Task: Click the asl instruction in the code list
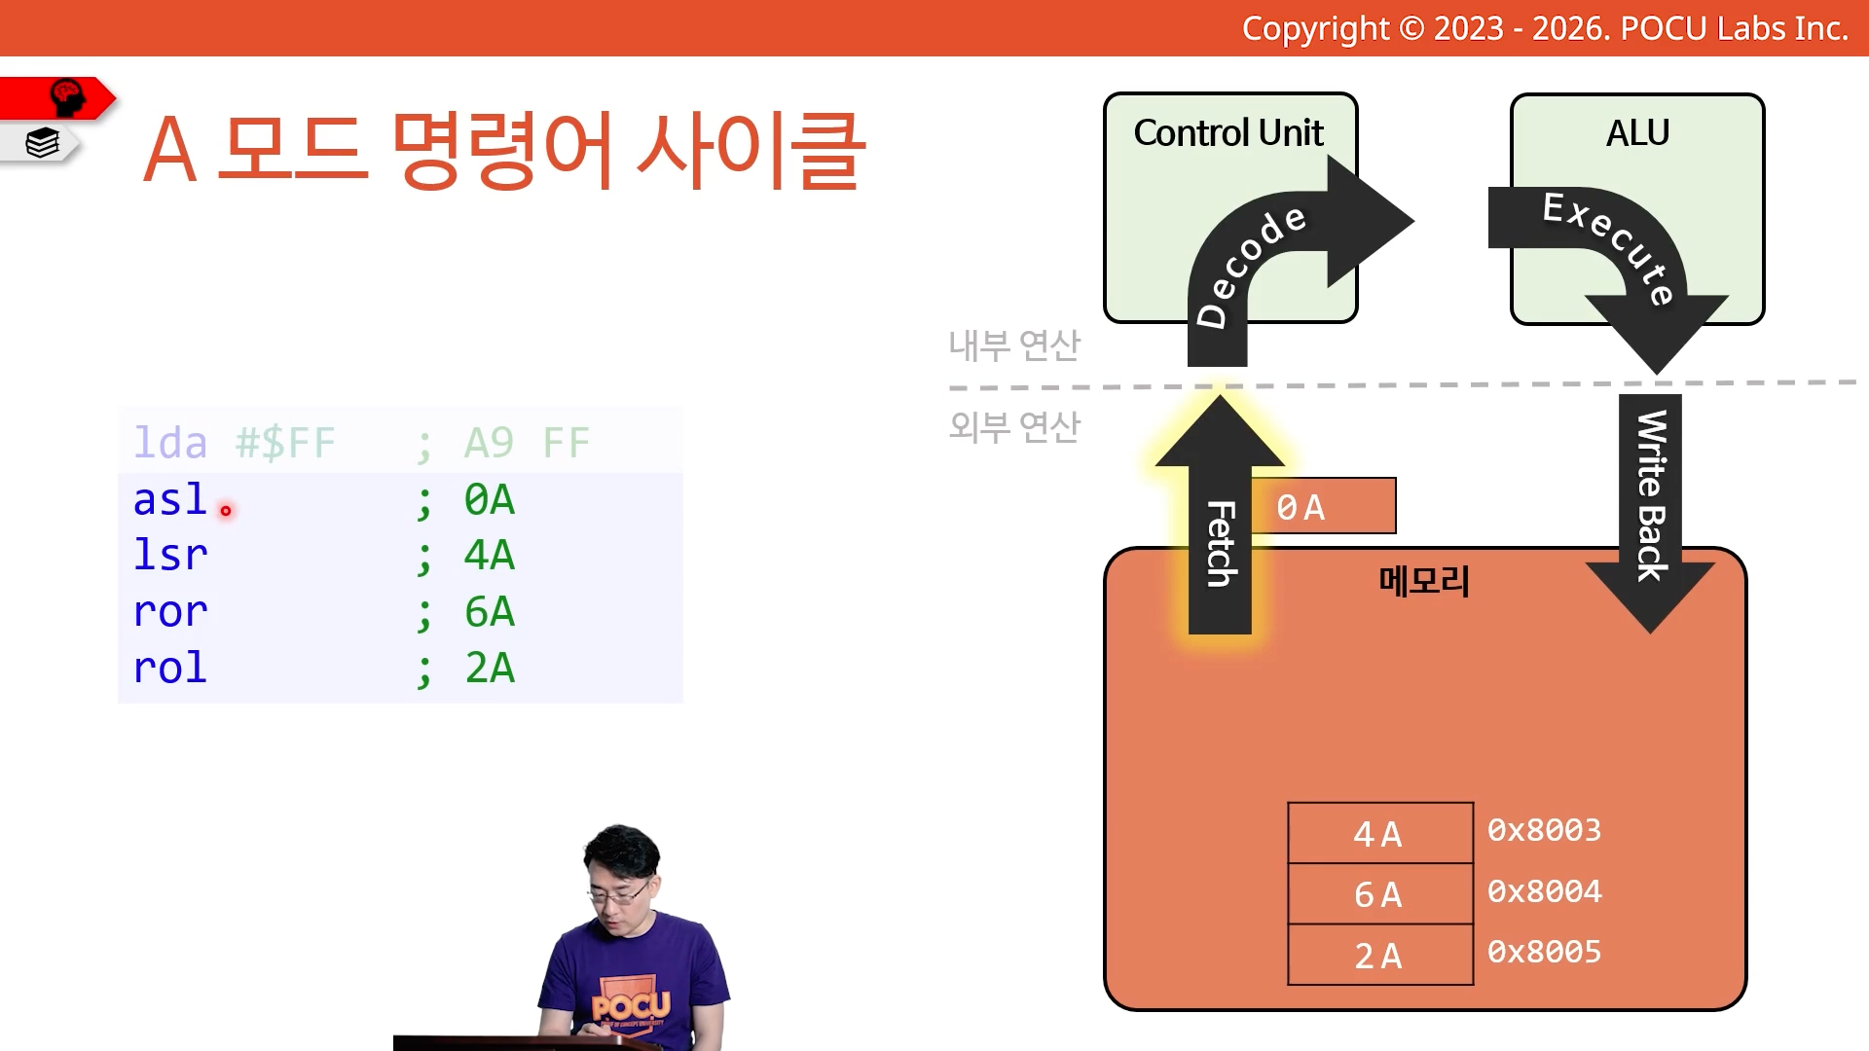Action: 169,499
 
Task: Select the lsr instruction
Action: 169,555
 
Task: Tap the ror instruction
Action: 170,612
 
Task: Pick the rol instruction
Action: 169,668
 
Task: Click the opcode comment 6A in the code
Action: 490,612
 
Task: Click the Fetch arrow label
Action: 1221,544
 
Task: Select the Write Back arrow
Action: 1650,513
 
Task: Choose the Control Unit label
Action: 1228,132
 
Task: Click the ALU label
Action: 1637,132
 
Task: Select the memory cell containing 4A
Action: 1380,833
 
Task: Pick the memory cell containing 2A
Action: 1380,955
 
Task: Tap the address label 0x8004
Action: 1545,890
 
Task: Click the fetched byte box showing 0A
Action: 1323,506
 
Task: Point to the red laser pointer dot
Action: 226,510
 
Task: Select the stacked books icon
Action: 43,143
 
